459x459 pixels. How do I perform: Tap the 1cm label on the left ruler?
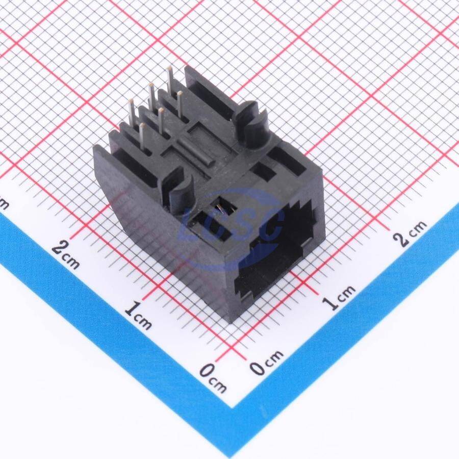pyautogui.click(x=138, y=316)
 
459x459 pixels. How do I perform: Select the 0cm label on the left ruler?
pyautogui.click(x=213, y=377)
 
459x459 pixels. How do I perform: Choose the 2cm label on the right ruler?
pyautogui.click(x=410, y=233)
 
